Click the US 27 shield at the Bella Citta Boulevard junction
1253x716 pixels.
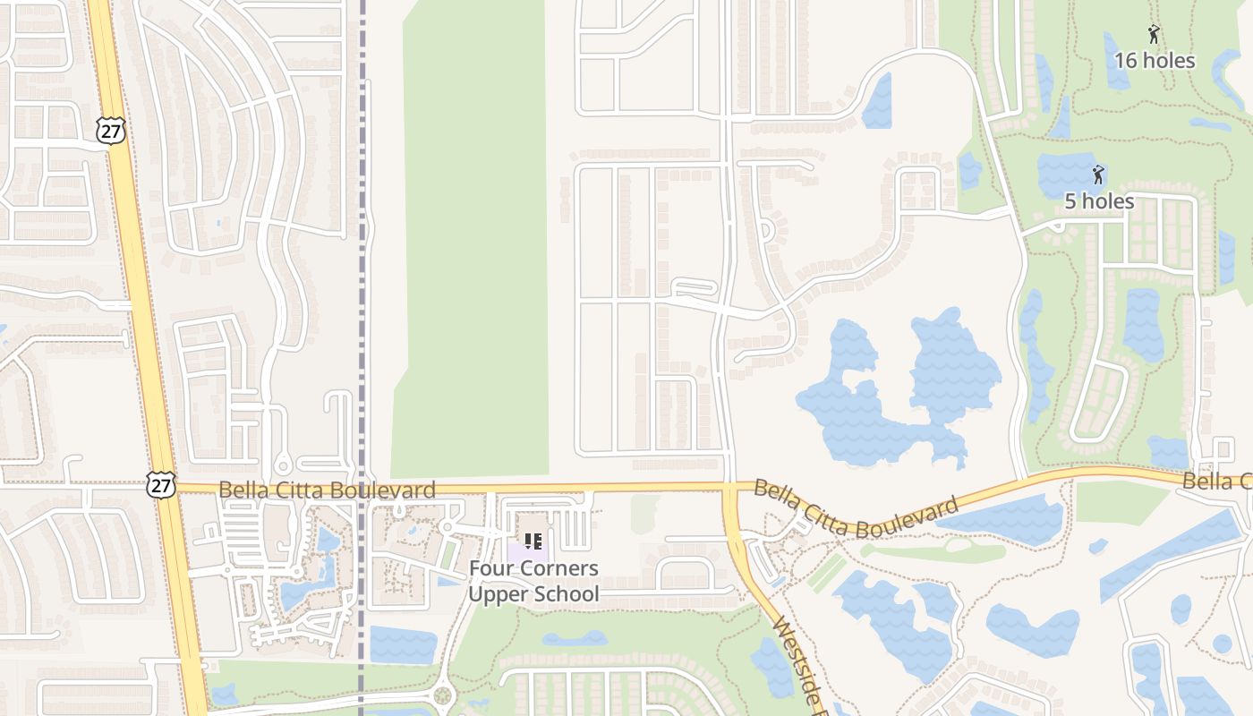161,488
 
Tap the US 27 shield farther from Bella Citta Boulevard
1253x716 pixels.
110,131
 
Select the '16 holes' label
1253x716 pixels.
1155,61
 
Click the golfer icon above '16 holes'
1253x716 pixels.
1155,35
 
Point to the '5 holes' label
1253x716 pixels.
1099,201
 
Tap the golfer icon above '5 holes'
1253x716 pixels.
1098,175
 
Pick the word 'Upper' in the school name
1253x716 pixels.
494,593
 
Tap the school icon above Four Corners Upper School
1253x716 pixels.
533,541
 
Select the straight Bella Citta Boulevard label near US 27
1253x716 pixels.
327,490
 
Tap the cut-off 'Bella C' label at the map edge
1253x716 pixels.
1217,482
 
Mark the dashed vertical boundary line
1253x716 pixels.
362,268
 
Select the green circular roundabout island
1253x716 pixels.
442,695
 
